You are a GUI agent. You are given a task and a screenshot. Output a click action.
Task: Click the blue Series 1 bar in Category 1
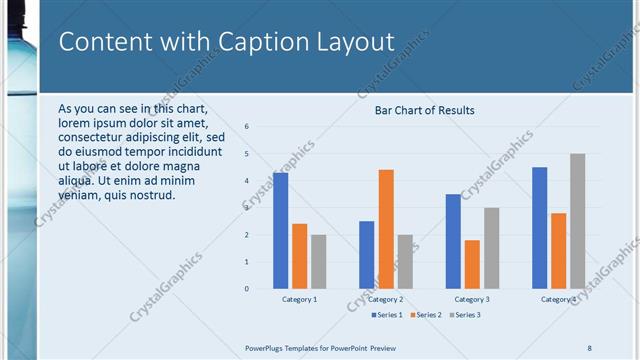(281, 231)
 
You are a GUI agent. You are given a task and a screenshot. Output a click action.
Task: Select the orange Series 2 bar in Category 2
(386, 229)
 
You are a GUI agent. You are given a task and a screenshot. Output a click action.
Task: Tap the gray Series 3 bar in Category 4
(578, 221)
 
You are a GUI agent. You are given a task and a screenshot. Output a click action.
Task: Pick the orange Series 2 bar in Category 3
(472, 264)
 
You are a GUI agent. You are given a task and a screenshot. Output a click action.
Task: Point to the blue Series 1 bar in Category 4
(540, 228)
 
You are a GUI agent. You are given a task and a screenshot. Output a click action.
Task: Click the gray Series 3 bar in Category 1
(319, 262)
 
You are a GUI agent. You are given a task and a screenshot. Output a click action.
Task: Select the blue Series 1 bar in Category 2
(367, 255)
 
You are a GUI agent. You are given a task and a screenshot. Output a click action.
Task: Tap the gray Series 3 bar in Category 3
(491, 248)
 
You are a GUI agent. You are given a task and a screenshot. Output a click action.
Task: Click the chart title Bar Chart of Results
(424, 110)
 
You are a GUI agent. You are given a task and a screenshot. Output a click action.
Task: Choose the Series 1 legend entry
(387, 315)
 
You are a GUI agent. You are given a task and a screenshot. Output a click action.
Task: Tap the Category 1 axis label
(300, 299)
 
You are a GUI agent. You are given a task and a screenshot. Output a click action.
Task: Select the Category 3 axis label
(472, 299)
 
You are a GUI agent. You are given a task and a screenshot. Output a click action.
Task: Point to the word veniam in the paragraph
(80, 195)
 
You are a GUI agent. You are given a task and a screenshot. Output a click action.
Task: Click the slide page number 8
(589, 347)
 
